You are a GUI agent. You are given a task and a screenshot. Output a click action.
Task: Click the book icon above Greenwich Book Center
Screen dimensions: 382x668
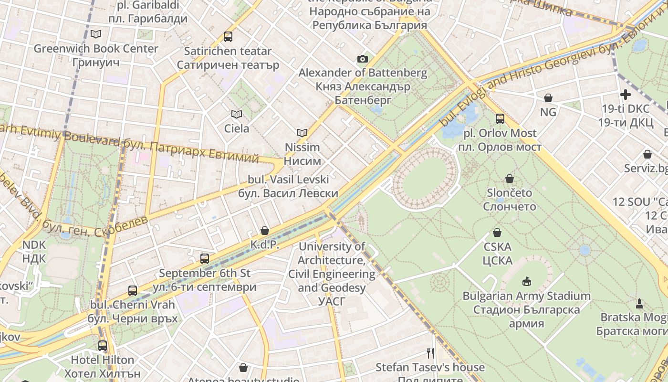96,34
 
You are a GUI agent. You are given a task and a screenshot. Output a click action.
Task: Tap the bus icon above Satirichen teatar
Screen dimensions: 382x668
228,36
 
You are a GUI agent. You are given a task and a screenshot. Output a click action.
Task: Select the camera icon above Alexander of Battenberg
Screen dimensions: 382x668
363,59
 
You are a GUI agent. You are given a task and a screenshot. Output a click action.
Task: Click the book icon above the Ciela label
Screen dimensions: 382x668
237,114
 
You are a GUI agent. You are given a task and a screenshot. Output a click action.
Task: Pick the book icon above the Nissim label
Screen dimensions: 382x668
302,133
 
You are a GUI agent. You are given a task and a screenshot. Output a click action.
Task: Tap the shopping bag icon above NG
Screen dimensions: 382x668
548,98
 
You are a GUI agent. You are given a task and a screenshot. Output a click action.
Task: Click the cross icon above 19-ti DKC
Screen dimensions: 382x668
625,95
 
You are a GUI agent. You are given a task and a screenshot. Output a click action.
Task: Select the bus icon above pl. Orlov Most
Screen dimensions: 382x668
500,118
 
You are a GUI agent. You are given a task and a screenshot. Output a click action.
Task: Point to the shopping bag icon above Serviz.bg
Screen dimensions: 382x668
647,154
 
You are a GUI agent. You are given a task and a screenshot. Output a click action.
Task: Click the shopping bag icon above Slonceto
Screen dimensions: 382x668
510,179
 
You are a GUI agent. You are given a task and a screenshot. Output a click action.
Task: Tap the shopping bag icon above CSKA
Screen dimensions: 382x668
497,233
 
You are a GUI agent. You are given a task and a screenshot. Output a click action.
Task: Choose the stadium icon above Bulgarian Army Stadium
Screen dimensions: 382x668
527,281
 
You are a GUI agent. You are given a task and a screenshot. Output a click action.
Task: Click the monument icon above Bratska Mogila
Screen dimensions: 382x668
639,303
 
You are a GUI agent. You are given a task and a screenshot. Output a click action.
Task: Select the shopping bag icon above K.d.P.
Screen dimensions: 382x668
265,231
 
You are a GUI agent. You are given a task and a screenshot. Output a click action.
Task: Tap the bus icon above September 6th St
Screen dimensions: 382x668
205,259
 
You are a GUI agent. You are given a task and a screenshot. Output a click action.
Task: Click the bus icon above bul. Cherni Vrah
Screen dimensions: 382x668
133,290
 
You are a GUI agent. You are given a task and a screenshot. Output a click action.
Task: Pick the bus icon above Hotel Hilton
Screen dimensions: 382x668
103,345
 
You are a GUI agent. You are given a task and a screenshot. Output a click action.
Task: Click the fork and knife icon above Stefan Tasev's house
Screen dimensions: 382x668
430,353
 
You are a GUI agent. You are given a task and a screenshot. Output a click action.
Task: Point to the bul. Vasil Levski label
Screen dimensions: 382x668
288,186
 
